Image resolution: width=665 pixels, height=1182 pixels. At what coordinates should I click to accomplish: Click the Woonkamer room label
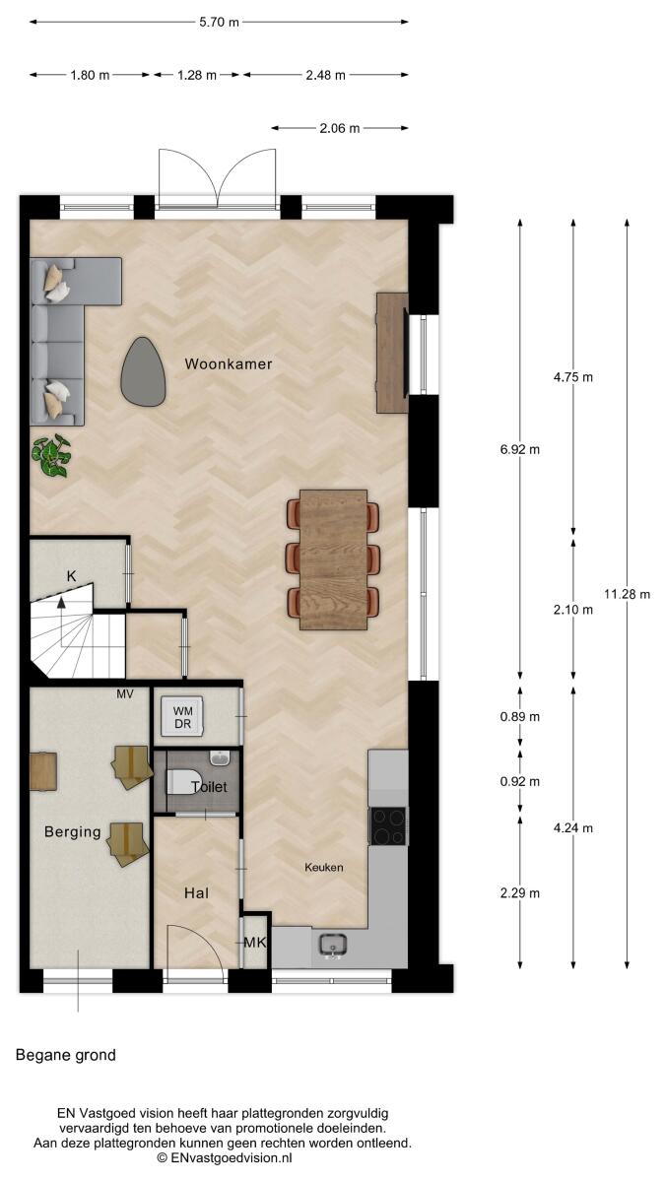229,363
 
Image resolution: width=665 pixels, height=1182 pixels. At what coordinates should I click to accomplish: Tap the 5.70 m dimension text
219,22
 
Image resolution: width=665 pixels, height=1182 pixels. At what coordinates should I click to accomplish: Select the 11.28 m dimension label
627,594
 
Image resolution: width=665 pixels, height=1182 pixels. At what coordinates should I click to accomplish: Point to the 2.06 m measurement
339,128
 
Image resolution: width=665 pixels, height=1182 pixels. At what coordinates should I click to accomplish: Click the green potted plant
51,455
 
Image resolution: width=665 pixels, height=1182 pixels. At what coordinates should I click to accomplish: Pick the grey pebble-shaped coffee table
143,371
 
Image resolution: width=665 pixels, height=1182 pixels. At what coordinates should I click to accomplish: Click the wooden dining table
333,559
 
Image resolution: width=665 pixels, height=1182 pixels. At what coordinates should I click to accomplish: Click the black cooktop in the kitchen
388,825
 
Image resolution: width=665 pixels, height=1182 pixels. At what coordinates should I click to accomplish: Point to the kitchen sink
333,944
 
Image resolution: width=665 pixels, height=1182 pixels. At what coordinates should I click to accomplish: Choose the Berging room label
72,832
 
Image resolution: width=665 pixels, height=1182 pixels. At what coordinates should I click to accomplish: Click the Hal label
196,892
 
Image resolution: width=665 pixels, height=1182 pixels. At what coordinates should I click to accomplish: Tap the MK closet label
255,942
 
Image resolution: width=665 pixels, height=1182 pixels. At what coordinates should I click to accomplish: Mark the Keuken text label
323,867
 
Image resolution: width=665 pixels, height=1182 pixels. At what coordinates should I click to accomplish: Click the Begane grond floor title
66,1055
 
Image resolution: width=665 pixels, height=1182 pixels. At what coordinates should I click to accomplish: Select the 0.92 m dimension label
520,781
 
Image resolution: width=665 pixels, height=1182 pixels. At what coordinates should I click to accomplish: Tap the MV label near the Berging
125,694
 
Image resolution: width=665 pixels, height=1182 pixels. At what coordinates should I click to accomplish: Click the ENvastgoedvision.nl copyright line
225,1158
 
